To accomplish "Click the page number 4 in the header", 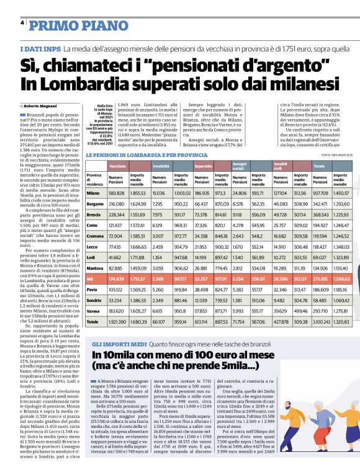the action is click(22, 23).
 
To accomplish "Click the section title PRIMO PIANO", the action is click(68, 25).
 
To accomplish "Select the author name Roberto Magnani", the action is click(40, 106).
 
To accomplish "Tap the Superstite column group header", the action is click(204, 167).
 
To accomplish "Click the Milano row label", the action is click(94, 193).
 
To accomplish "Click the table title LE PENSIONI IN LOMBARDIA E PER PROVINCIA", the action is click(146, 154).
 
